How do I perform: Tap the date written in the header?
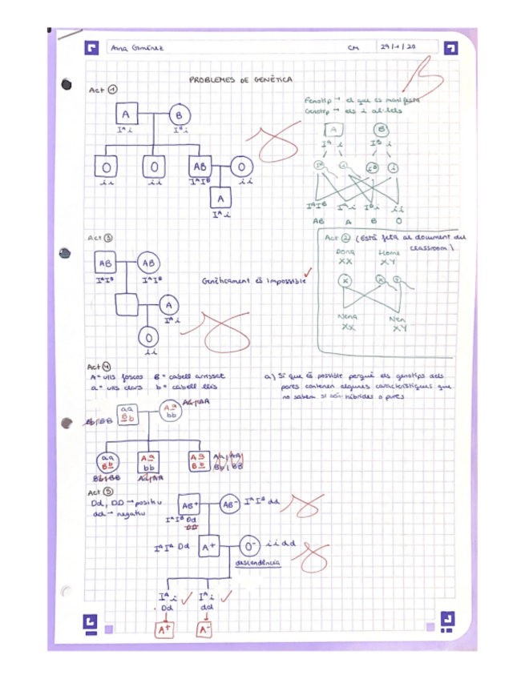[398, 47]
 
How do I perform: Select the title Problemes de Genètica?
[240, 79]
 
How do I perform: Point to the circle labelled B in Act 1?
[178, 115]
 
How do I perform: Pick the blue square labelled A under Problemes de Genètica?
[126, 115]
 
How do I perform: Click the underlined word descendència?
[257, 564]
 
